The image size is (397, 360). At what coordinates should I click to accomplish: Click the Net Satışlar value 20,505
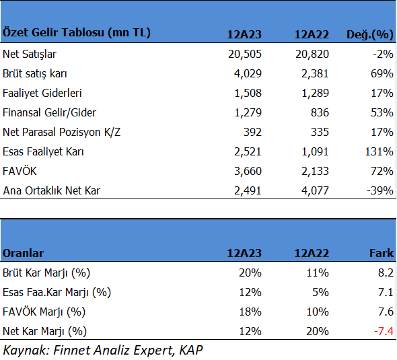244,55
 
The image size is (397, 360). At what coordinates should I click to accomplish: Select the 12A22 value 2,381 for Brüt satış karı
315,73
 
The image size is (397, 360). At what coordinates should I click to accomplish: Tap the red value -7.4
384,331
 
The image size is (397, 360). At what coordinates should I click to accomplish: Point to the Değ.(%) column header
369,34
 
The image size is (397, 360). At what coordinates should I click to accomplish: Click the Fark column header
382,253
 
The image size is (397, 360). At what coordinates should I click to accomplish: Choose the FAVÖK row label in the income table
20,171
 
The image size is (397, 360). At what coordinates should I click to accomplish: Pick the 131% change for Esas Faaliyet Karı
379,151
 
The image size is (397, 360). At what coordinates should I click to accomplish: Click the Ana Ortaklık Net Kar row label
51,190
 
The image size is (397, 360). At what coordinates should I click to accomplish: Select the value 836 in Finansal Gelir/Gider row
320,112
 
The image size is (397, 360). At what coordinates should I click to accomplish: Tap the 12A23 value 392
252,132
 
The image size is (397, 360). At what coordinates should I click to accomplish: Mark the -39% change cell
380,190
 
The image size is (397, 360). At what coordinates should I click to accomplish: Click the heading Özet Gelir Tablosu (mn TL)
77,33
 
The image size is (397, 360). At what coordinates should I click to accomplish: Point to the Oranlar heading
23,253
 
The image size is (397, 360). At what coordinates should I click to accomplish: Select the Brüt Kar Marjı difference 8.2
386,273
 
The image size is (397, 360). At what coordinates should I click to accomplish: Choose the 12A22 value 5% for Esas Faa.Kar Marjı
320,292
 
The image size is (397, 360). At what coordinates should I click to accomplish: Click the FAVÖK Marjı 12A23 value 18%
250,312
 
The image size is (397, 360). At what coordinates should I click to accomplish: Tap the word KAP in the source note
191,350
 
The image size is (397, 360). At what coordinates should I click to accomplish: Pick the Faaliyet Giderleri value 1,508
248,93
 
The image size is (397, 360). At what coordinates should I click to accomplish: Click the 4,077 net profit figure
315,190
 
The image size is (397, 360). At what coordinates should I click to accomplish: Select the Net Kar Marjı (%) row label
44,331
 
